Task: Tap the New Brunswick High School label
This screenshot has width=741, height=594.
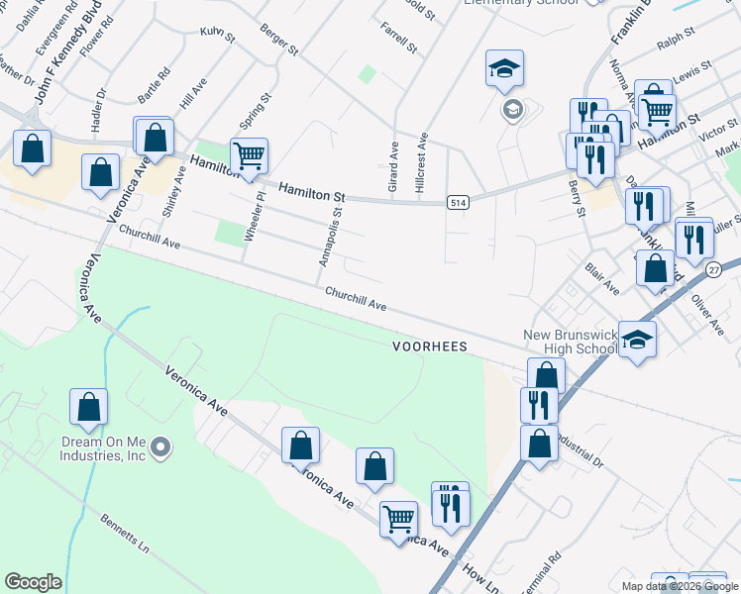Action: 570,342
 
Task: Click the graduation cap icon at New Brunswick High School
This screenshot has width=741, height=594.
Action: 638,339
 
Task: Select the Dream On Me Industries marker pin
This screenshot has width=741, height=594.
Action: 159,449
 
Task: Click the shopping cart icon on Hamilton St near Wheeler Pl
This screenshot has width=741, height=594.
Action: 249,155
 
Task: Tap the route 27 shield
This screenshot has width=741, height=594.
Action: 713,269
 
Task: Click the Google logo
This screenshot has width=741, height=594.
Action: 33,582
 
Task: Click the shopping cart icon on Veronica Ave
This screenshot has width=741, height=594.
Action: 398,518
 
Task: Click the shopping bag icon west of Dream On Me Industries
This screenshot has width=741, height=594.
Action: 88,406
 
